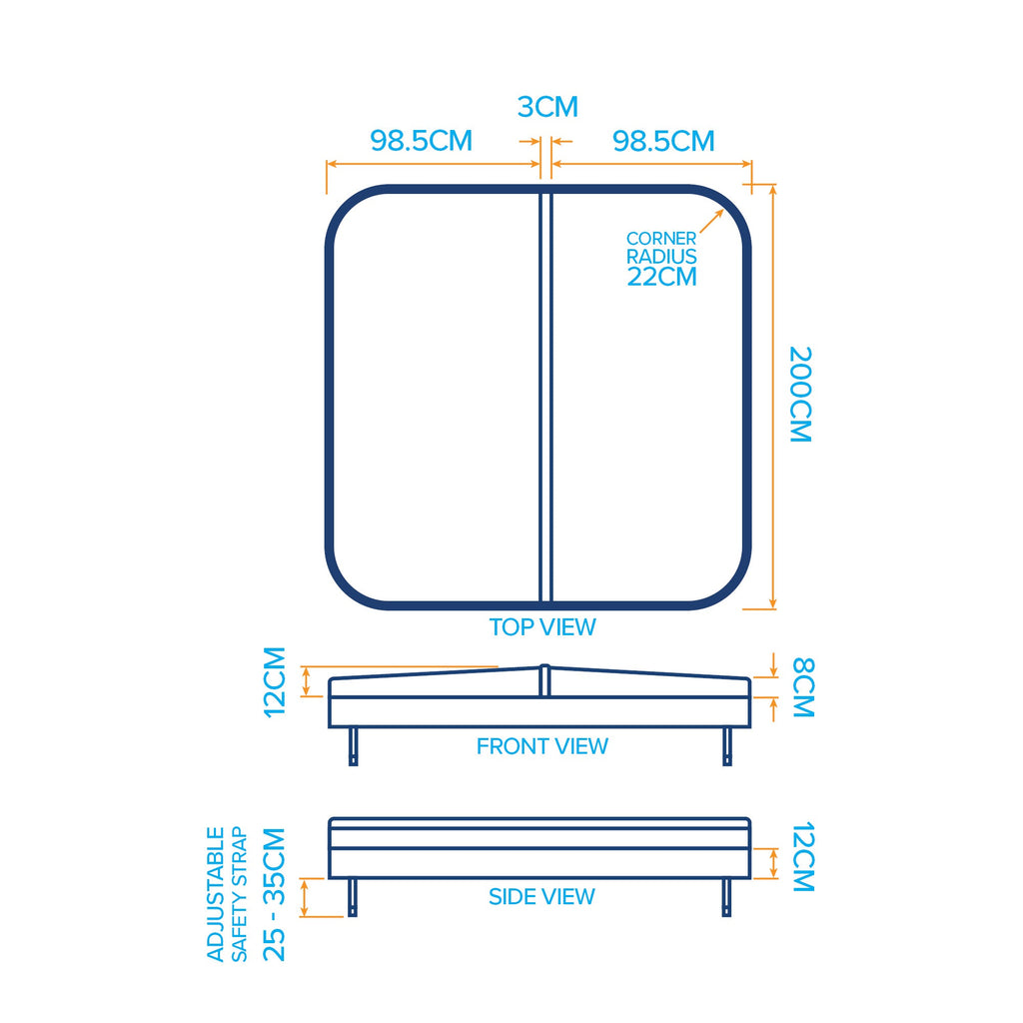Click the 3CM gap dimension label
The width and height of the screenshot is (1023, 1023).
click(547, 107)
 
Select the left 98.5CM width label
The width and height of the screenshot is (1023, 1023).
click(421, 141)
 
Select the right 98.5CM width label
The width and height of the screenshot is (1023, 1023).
click(663, 141)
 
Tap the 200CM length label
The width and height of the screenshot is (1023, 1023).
click(800, 395)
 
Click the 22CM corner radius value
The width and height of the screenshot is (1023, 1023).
click(661, 277)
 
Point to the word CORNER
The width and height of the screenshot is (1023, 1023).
click(661, 238)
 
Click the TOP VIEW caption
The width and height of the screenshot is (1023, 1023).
click(542, 627)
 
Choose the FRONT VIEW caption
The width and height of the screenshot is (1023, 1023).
click(542, 745)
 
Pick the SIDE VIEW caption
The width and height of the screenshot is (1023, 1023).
click(541, 896)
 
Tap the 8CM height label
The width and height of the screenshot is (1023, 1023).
click(803, 687)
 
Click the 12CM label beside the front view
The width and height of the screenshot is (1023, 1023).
click(275, 682)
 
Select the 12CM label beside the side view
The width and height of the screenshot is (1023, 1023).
click(803, 856)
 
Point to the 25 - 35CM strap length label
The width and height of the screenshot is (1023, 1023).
click(274, 894)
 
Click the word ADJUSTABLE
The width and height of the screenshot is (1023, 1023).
click(216, 894)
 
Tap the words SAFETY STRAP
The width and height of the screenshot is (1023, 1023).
click(240, 894)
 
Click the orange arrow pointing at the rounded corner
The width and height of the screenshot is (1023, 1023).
click(711, 221)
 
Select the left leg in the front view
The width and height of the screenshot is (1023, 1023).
click(353, 746)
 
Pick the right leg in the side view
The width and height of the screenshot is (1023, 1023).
click(727, 898)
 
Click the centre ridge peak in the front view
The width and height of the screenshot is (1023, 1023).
click(544, 666)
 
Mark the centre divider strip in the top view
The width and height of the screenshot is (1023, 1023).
click(546, 397)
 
